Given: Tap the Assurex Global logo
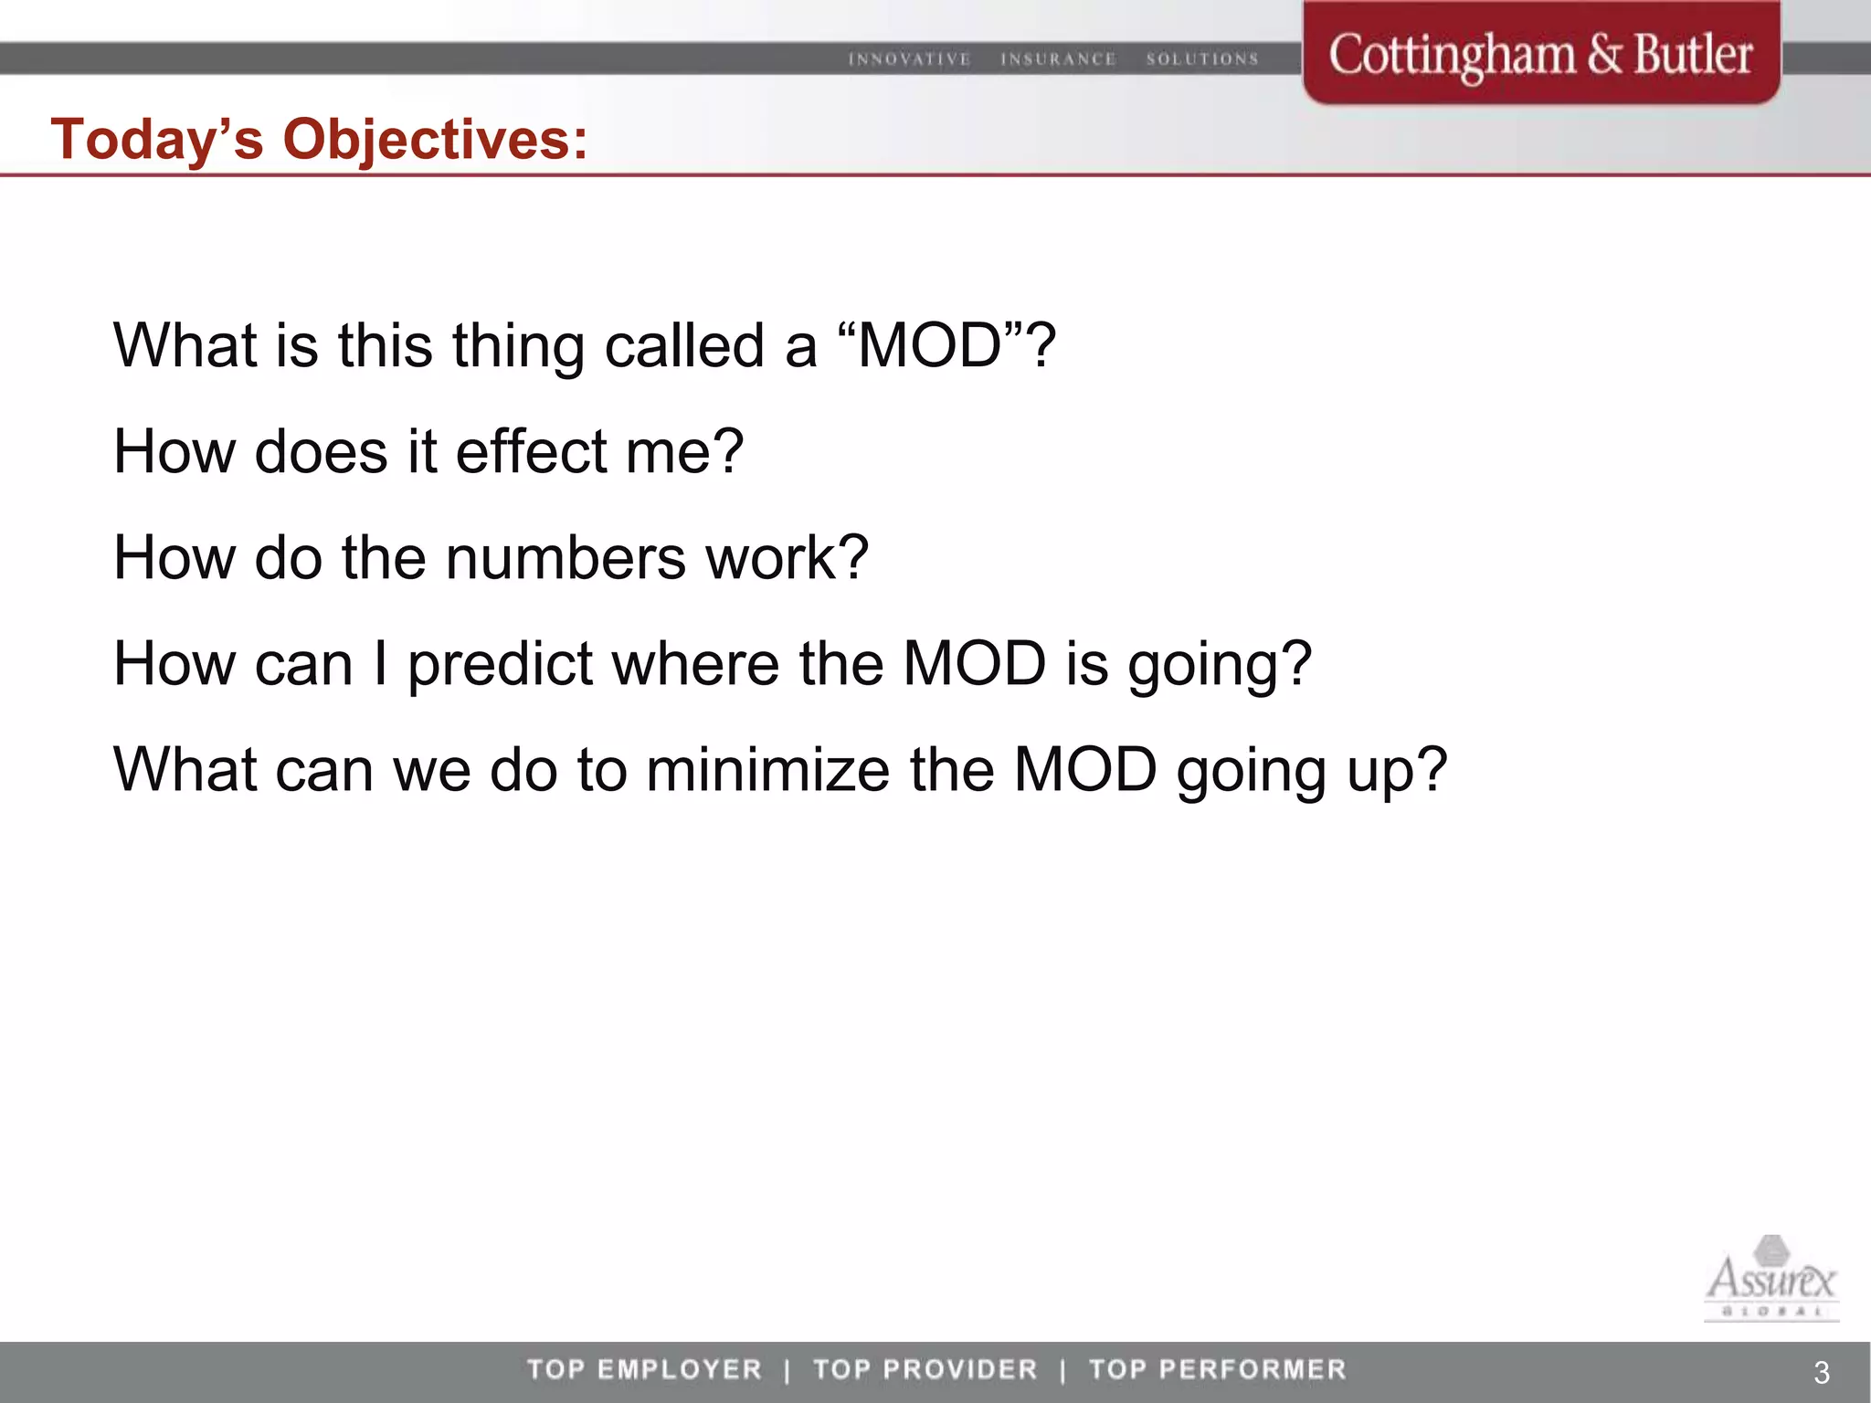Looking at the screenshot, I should point(1771,1279).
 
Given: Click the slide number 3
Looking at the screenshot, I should point(1821,1372).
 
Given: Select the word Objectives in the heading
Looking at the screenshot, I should point(435,140).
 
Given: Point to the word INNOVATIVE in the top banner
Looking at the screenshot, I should point(909,59).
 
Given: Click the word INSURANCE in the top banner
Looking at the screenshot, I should point(1058,59).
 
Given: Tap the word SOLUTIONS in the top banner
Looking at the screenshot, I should point(1202,59).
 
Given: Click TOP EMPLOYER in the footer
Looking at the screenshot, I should point(644,1369).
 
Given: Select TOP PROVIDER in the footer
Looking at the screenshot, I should point(925,1369).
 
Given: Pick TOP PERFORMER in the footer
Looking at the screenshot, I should point(1218,1369).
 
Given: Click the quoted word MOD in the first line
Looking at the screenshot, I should point(930,346).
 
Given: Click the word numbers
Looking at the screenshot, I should point(566,557).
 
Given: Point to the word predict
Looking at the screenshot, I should point(501,664).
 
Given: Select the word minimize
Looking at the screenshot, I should point(767,770).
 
